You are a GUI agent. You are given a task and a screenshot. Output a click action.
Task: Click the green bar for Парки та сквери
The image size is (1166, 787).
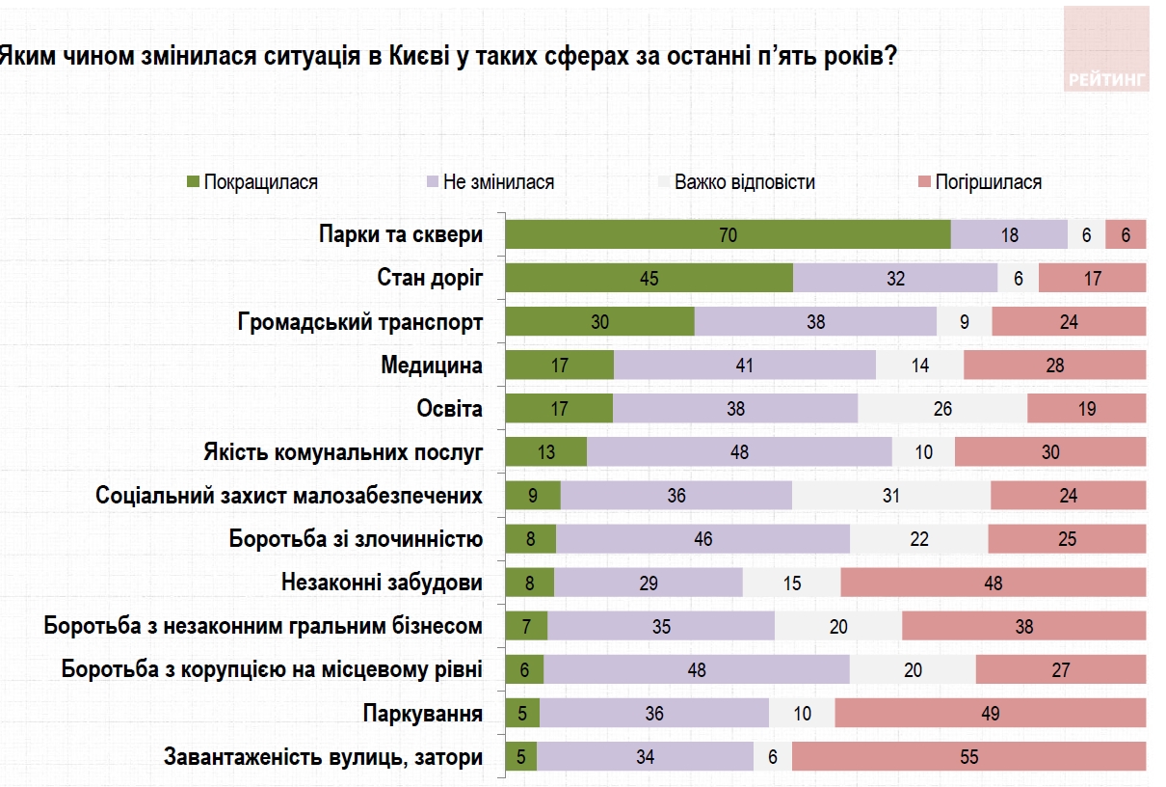click(728, 234)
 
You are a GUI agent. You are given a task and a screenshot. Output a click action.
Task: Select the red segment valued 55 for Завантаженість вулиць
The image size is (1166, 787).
click(968, 757)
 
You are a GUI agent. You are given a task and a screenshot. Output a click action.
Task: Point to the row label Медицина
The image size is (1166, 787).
click(432, 365)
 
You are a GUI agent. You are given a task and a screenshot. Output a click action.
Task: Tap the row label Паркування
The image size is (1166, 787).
click(422, 714)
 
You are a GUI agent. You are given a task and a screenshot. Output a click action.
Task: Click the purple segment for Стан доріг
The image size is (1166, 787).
click(895, 279)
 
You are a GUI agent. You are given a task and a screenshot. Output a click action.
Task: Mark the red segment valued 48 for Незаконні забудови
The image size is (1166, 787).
click(993, 583)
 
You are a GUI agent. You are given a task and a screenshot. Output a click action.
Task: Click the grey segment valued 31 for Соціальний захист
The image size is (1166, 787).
click(890, 496)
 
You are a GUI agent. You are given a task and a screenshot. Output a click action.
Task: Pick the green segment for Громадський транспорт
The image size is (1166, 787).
click(599, 322)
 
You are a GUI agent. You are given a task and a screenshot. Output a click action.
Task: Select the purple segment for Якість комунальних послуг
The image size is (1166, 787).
click(739, 452)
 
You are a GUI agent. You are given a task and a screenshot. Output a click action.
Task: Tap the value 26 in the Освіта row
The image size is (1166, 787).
click(941, 409)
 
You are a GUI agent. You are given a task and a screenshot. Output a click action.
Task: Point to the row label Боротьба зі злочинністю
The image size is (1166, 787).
click(356, 538)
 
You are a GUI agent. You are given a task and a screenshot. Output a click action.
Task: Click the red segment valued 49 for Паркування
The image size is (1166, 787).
click(990, 714)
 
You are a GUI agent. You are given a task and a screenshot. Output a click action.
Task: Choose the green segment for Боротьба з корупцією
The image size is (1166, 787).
click(524, 670)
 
